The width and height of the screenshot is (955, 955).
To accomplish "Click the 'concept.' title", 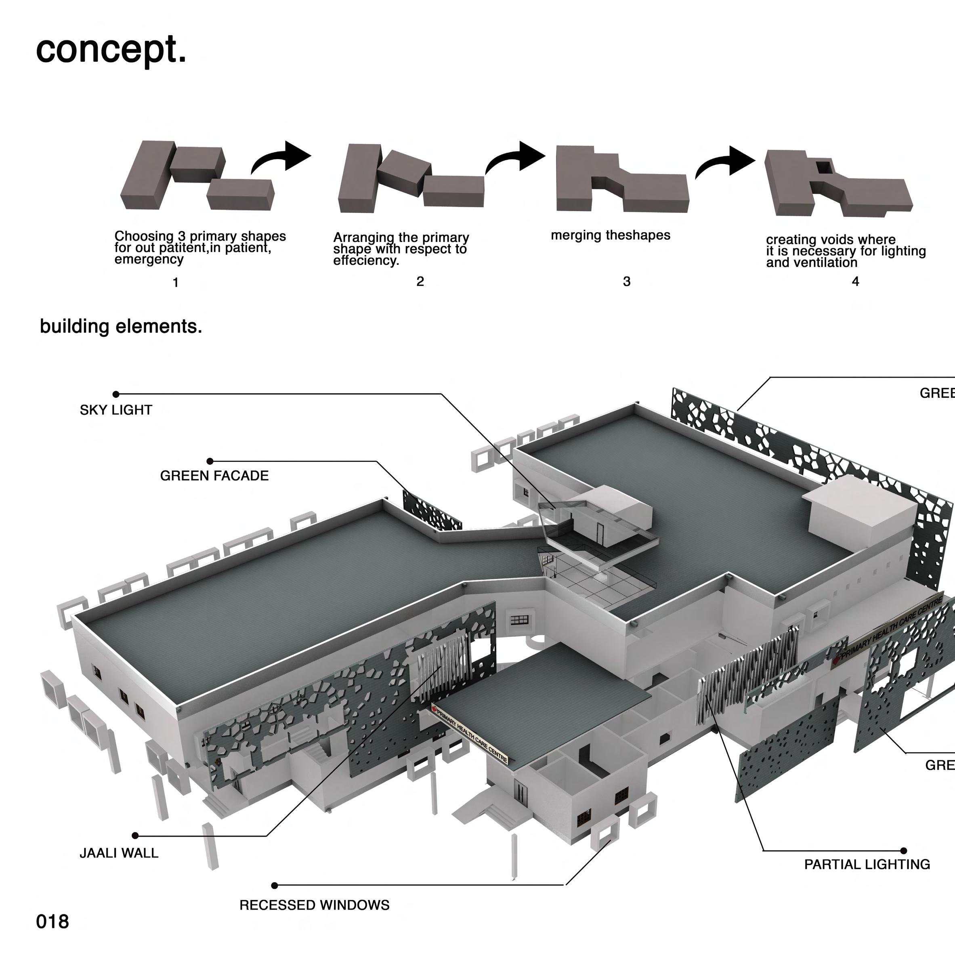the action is tap(111, 50).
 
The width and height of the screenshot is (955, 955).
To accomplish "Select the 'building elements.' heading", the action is tap(121, 326).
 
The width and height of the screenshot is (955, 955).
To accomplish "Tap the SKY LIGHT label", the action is tap(115, 410).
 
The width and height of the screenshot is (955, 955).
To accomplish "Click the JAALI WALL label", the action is tap(119, 853).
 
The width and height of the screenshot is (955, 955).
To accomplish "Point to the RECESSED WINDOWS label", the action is tap(315, 905).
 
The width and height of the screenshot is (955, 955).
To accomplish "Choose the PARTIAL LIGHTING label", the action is tap(867, 864).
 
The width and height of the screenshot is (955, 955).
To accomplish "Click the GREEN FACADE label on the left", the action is tap(214, 476).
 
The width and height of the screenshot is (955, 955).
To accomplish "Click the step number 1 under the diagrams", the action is tap(176, 283).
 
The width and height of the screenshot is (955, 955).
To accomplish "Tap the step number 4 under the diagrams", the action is tap(856, 281).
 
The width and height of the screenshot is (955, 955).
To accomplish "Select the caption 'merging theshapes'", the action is tap(611, 235).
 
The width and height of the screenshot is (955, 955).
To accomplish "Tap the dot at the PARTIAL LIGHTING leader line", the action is tap(904, 851).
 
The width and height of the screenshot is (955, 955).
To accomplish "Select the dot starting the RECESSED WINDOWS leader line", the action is tap(275, 885).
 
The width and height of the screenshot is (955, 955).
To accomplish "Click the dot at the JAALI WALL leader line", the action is tap(135, 835).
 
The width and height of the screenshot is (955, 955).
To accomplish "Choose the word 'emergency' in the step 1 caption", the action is tap(149, 260).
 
